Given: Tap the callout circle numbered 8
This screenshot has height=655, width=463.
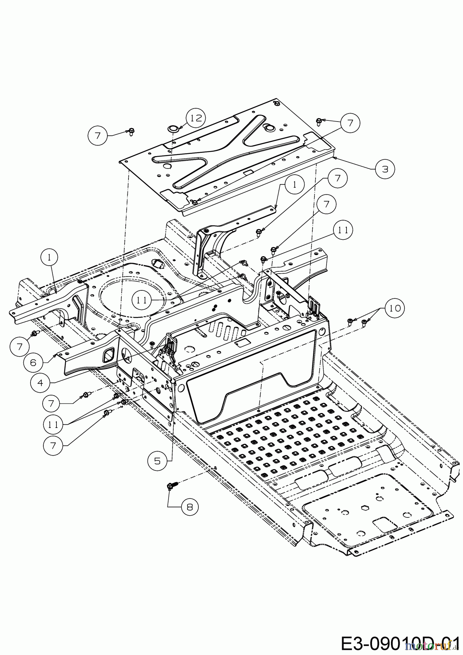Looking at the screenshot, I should (190, 506).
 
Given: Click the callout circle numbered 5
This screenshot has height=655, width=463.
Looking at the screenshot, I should (157, 461).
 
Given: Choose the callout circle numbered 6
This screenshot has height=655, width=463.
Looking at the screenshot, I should (33, 363).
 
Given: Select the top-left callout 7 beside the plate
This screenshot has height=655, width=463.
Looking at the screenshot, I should (98, 136).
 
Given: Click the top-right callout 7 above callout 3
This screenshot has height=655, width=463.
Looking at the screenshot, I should (350, 123).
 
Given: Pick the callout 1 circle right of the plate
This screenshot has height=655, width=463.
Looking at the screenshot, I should (294, 184).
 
